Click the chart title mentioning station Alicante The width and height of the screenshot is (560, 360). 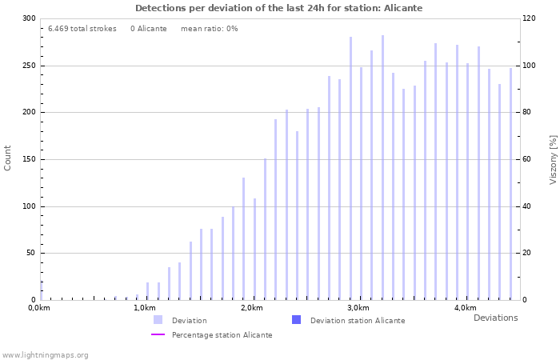278,8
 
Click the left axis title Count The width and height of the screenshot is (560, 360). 8,158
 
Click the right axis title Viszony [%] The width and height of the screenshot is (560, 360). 553,159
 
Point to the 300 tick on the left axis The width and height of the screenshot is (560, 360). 29,18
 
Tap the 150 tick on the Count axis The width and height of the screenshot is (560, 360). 29,159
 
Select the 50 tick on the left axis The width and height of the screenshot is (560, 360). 31,254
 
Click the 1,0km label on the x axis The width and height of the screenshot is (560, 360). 145,308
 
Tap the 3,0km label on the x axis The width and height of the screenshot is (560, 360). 358,308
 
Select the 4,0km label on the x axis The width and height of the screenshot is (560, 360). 465,308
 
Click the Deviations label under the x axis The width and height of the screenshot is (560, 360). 495,318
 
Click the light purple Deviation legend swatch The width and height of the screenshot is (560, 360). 158,320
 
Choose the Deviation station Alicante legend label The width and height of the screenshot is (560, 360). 358,321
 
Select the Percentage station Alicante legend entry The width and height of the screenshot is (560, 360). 222,335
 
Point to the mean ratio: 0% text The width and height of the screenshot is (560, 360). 209,29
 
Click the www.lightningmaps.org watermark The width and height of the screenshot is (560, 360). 45,355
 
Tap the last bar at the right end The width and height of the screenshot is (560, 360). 510,184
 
